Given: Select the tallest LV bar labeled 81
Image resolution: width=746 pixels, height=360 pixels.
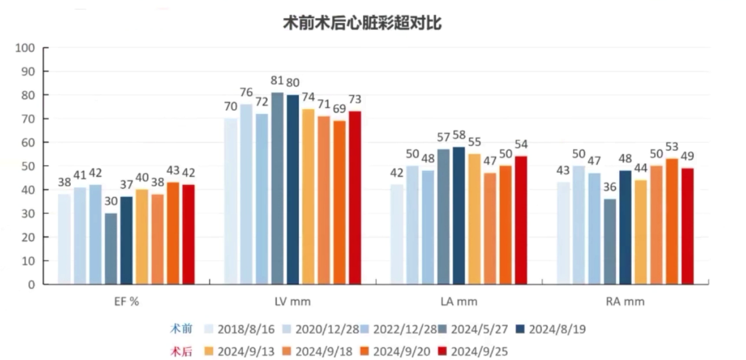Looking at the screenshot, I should point(277,188).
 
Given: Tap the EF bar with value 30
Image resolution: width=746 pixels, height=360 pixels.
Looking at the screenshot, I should point(111,249).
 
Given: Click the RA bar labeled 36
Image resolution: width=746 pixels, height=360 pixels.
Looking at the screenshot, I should point(609,241).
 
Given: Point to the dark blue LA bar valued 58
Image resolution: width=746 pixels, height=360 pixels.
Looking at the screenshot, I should point(459,215).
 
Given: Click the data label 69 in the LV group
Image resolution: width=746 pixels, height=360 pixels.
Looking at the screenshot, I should point(339,109).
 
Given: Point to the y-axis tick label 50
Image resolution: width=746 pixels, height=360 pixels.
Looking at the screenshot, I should point(28,166).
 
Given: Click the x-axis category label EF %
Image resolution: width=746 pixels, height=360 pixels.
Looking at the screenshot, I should point(126,302).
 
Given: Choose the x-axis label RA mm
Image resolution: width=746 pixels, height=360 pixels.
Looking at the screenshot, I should point(625,302).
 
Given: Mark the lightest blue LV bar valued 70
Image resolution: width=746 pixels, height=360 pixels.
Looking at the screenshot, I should point(231,201).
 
